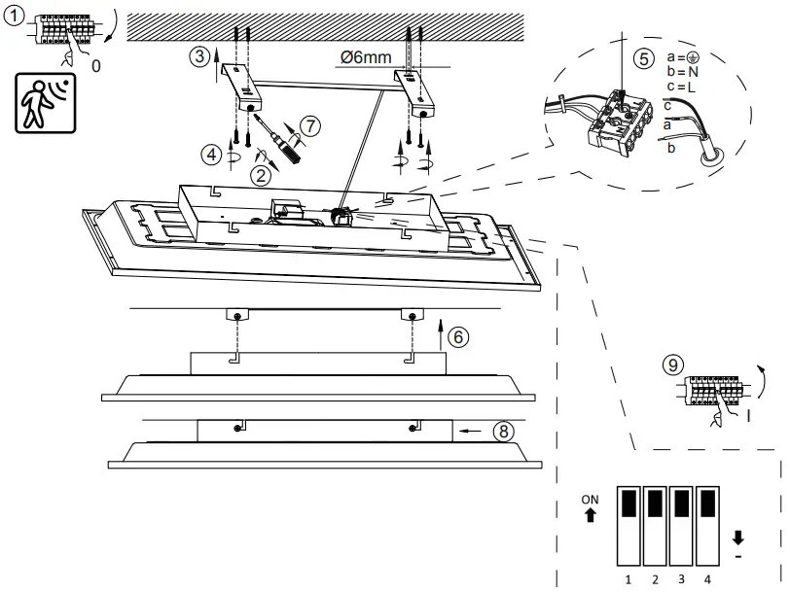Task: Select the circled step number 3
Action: point(199,55)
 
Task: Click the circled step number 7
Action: point(309,125)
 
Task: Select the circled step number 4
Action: point(211,153)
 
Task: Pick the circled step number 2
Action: point(260,175)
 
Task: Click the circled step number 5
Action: point(643,58)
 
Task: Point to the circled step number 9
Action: point(670,366)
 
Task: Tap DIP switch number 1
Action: point(629,525)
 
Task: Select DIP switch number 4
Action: point(707,525)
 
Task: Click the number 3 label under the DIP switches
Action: point(682,579)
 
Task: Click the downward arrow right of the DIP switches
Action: point(738,536)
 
